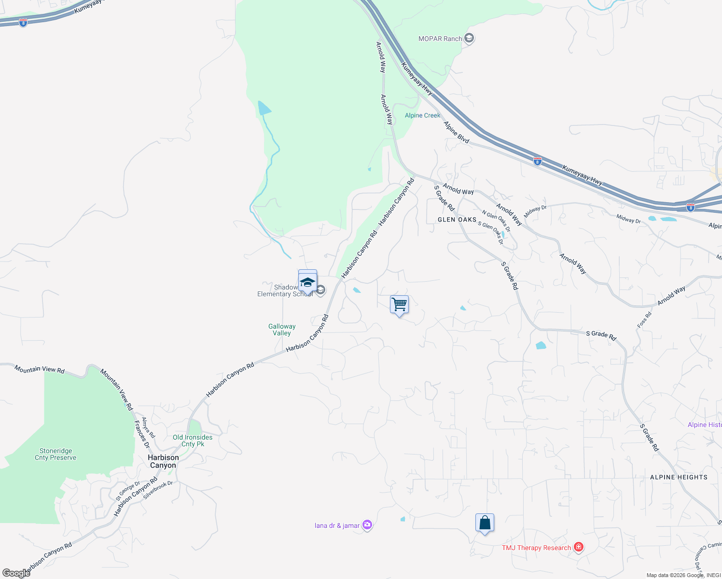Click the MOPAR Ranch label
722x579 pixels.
point(440,39)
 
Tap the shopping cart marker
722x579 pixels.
point(399,305)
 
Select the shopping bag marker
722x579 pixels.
point(485,523)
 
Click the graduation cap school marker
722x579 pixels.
point(307,282)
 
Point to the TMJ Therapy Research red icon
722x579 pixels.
point(579,547)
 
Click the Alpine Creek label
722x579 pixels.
point(422,115)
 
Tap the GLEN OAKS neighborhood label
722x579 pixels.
point(457,220)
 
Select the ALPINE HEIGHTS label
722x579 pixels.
point(679,477)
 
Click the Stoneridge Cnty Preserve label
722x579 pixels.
point(56,454)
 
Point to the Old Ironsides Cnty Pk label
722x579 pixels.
point(193,441)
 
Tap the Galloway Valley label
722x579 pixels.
point(282,330)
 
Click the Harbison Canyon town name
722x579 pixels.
point(163,461)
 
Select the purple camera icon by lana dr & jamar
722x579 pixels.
point(367,525)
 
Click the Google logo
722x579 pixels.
point(16,573)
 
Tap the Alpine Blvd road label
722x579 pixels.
point(457,133)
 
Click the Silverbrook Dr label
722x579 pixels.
point(158,490)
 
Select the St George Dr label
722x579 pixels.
point(128,491)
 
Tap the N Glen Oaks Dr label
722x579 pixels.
point(496,221)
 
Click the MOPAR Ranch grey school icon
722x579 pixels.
point(469,38)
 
